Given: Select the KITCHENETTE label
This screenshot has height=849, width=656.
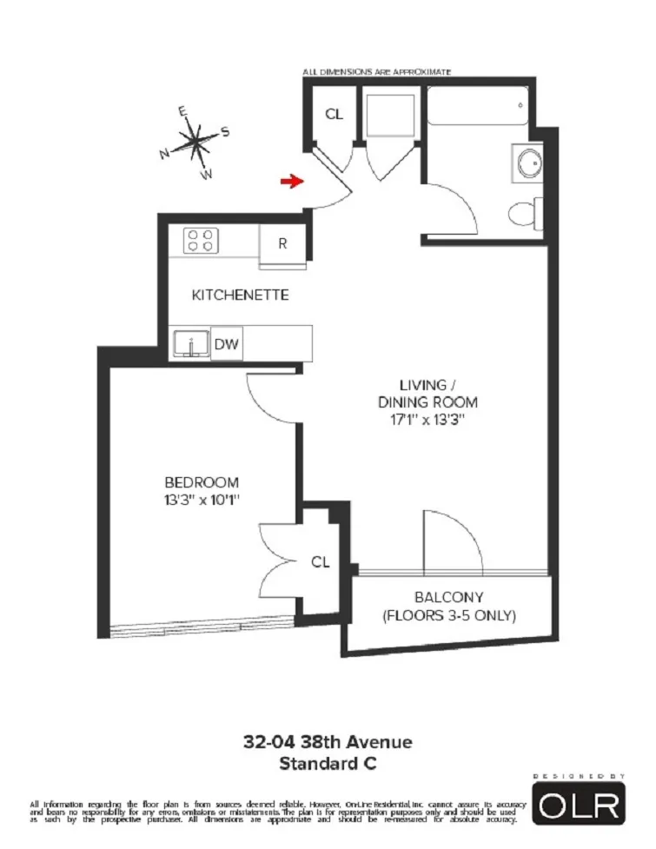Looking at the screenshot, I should pos(240,295).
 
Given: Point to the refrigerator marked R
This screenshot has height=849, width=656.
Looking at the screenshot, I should pos(282,243).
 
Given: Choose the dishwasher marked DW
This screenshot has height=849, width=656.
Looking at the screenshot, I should pos(228,344).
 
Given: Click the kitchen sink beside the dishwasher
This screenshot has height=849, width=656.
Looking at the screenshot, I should pos(190,344).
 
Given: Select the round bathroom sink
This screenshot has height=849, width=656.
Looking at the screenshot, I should pos(527,163).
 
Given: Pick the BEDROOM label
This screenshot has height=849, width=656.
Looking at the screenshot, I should pos(202,482).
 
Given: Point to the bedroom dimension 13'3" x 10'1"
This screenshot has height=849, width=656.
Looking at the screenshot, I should pos(202,500).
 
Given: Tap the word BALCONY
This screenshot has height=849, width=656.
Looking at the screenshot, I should pos(448,598).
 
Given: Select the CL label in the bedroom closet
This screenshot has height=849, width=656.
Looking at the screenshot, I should pos(320,562).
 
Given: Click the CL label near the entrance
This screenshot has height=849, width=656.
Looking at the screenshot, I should pos(334,114).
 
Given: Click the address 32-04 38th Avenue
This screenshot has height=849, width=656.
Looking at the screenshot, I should pos(328,743).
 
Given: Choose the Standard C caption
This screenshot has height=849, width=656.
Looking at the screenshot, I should pos(328,765).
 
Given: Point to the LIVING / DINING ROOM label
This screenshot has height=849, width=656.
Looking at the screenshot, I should pos(427,393).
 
